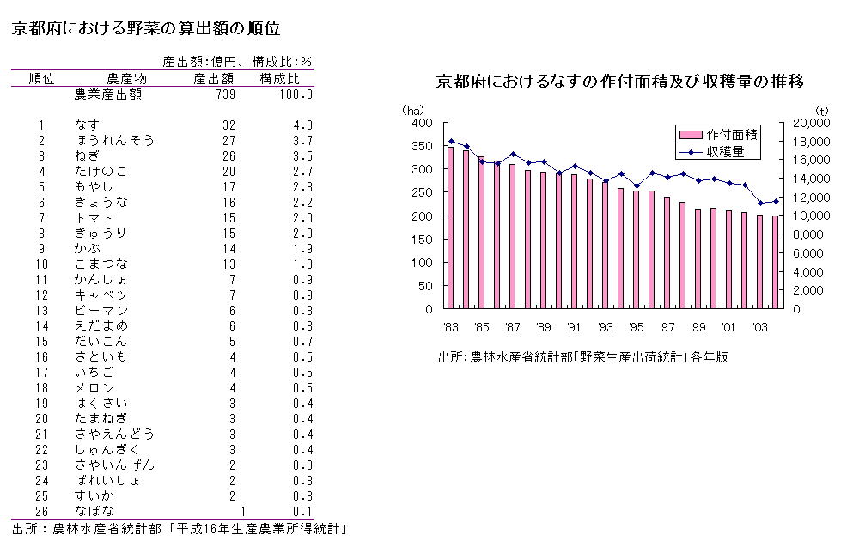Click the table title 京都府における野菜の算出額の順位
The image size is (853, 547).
click(x=145, y=28)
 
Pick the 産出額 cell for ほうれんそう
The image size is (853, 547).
click(x=228, y=141)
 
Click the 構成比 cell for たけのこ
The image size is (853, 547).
click(x=302, y=172)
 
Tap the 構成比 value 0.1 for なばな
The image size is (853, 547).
click(x=302, y=512)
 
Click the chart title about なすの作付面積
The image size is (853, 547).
click(x=619, y=83)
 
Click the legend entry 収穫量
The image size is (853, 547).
click(x=726, y=151)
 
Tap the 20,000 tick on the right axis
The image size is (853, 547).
click(x=808, y=123)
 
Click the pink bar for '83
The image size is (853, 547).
click(x=450, y=228)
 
